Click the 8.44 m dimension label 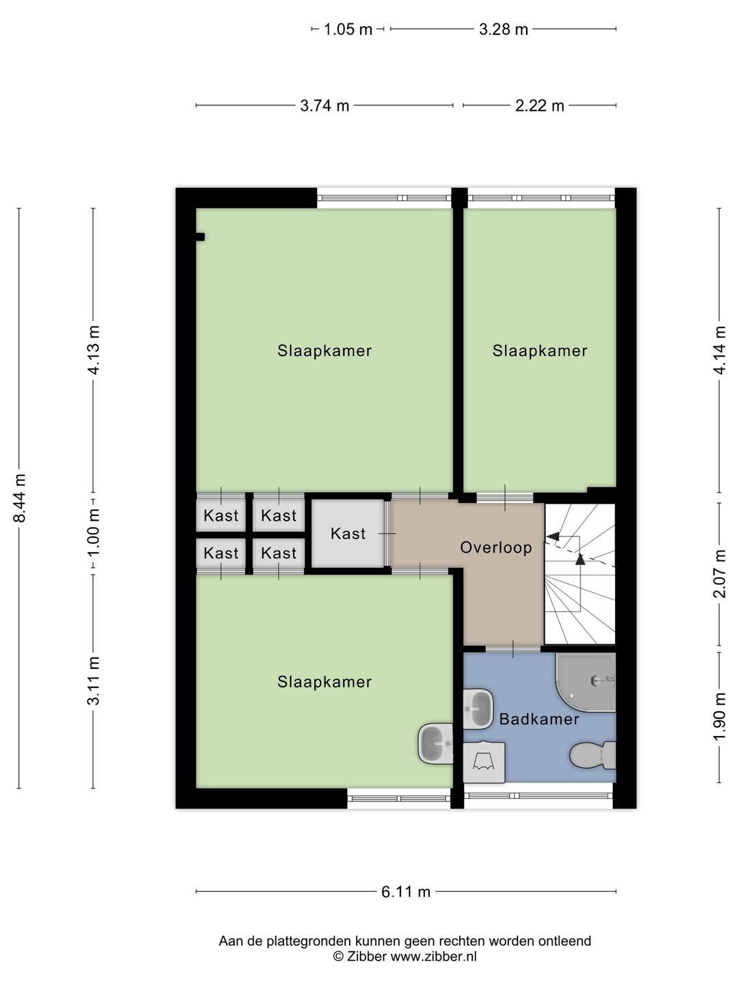[x=20, y=498]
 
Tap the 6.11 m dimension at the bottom [x=406, y=891]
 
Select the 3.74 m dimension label [x=325, y=105]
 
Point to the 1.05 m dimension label [x=348, y=29]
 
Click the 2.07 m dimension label [x=719, y=573]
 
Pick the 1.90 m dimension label [x=719, y=716]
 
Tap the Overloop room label [x=495, y=547]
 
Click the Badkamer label [x=539, y=719]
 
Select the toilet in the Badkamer [x=592, y=755]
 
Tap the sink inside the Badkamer [x=478, y=709]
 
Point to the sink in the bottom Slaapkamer [x=435, y=743]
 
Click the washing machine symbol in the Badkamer [x=484, y=762]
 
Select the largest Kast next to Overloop [x=348, y=534]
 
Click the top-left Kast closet [x=221, y=516]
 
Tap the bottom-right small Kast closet [x=279, y=553]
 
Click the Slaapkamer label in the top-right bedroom [x=540, y=351]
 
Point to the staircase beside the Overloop [x=580, y=574]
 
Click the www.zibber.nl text [x=433, y=957]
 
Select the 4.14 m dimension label [x=719, y=350]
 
